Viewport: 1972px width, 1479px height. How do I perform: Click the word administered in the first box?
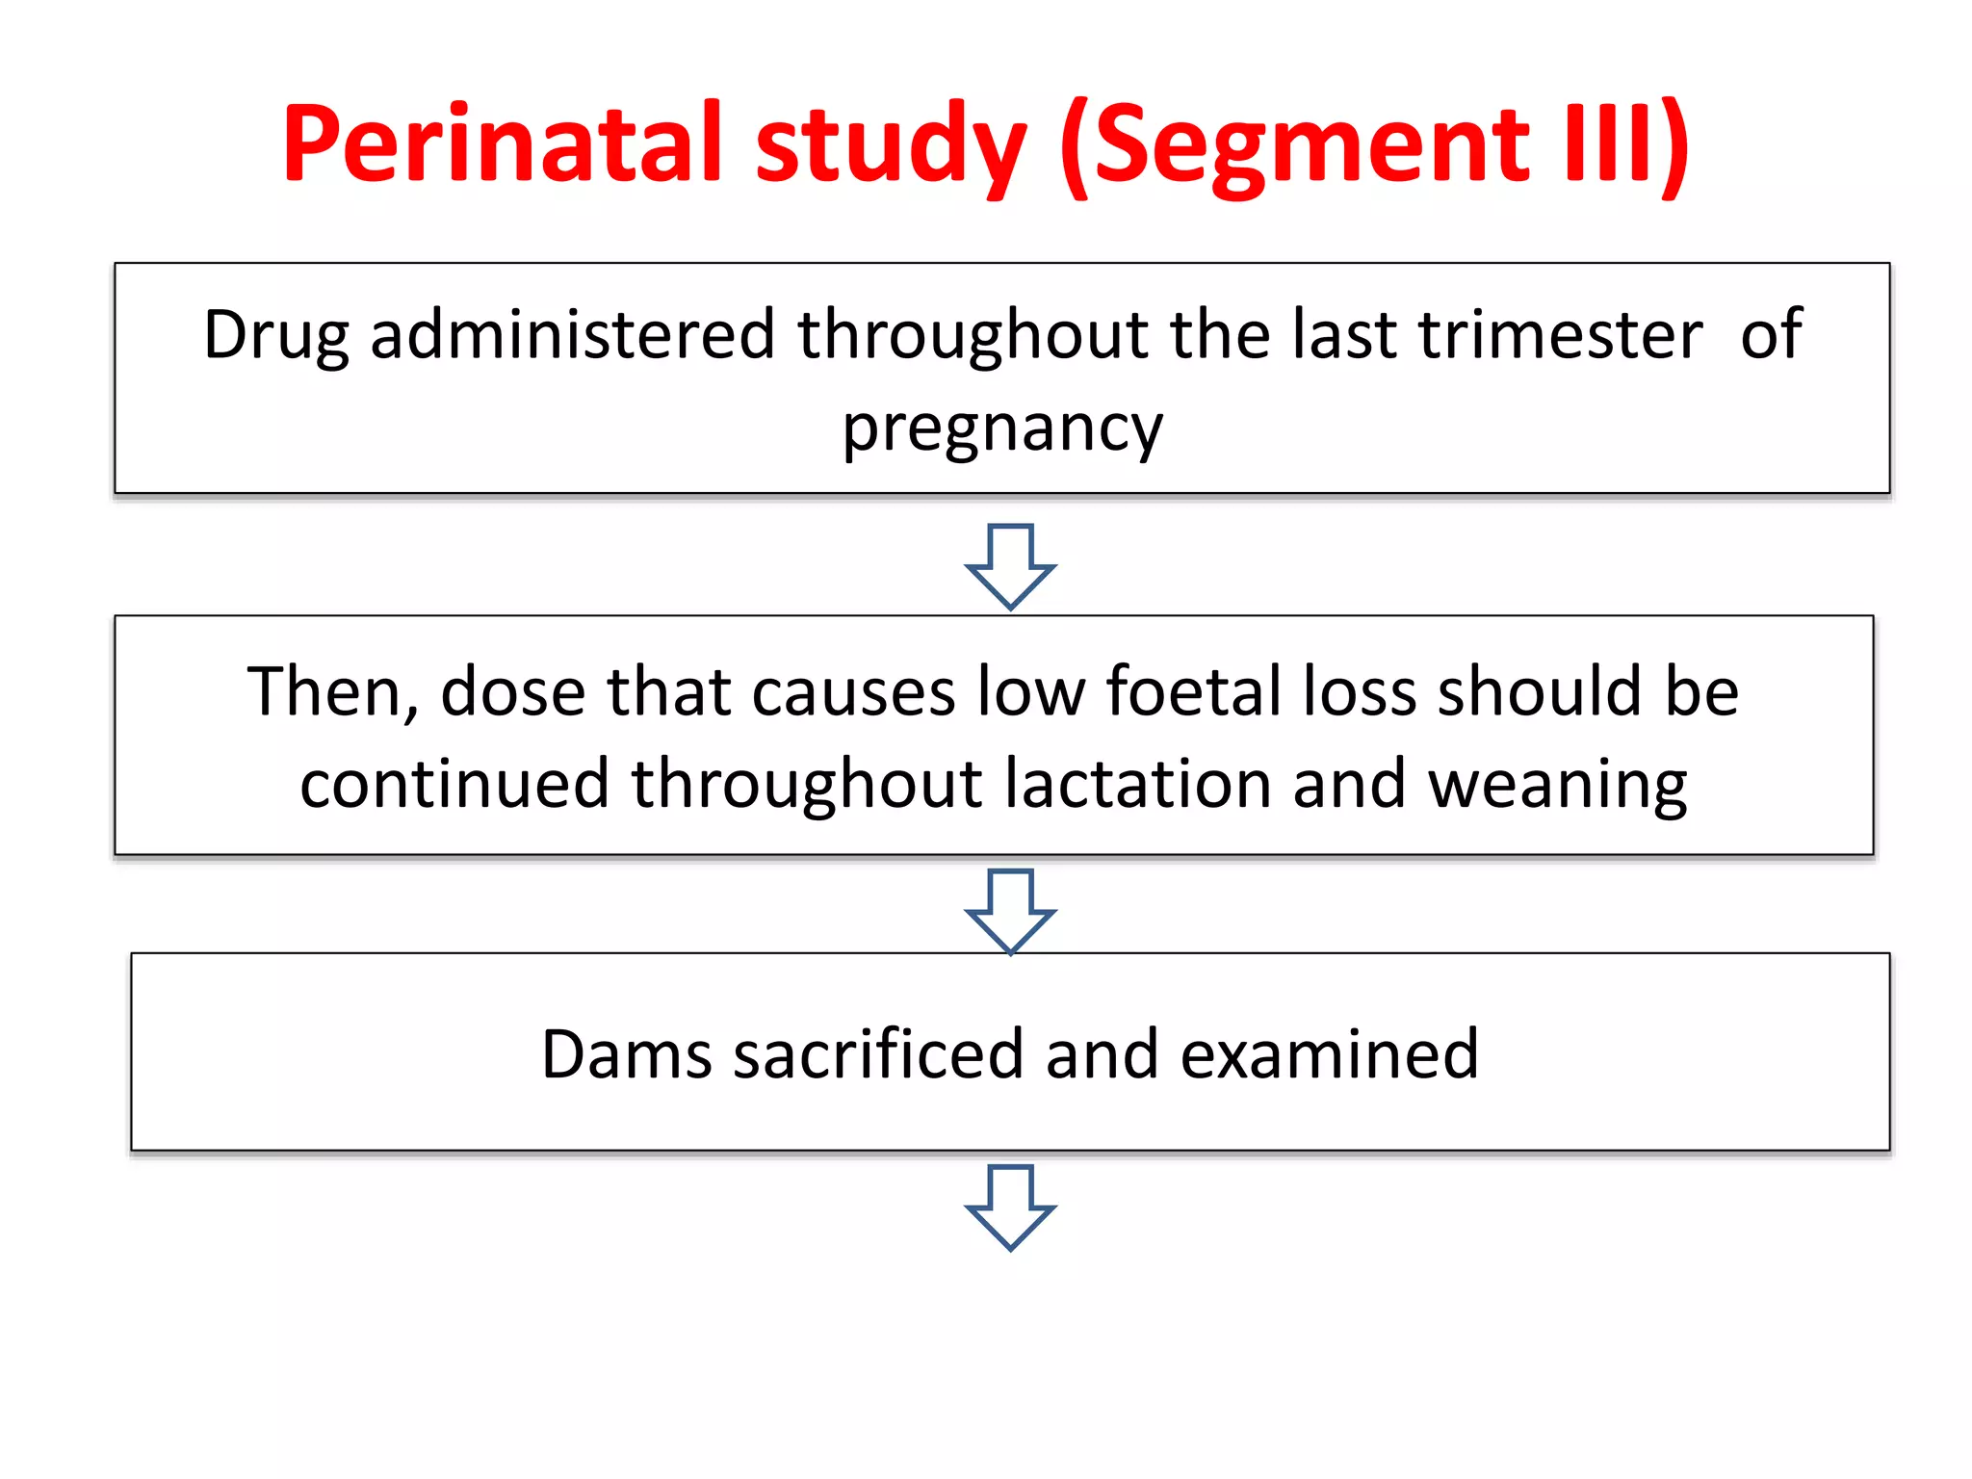tap(572, 334)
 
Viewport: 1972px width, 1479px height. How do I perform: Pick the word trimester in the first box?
tap(1560, 334)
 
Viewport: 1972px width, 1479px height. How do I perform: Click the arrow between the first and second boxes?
tap(1010, 566)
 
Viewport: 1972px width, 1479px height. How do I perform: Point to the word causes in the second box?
tap(852, 692)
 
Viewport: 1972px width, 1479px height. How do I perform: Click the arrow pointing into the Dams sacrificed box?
tap(1010, 911)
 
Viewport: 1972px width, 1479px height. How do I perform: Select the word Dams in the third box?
tap(626, 1054)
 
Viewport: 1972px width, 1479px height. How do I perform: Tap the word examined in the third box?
tap(1329, 1054)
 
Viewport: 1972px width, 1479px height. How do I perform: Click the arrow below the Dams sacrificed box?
tap(1010, 1207)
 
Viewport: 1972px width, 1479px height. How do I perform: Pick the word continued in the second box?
tap(454, 783)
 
